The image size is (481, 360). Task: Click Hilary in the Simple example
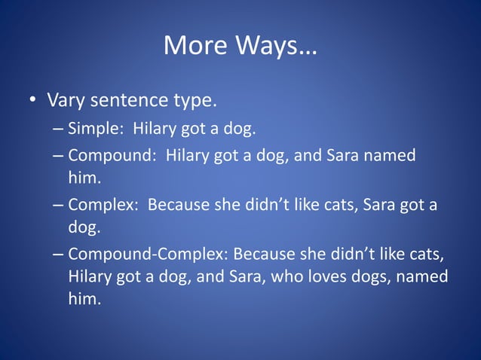click(153, 129)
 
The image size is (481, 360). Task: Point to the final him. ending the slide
click(84, 299)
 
